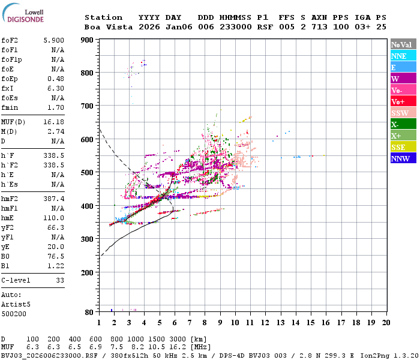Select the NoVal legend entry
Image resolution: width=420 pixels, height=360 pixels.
pyautogui.click(x=402, y=44)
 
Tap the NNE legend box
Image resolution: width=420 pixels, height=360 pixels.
pyautogui.click(x=402, y=56)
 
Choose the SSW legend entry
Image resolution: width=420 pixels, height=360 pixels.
pyautogui.click(x=402, y=113)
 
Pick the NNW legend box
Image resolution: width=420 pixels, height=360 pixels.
pyautogui.click(x=402, y=158)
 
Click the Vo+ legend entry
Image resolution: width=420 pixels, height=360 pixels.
pyautogui.click(x=402, y=101)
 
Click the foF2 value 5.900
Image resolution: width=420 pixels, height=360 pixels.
pyautogui.click(x=54, y=40)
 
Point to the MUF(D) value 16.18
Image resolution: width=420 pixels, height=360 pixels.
pyautogui.click(x=54, y=122)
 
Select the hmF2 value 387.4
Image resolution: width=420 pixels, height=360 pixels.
pyautogui.click(x=54, y=199)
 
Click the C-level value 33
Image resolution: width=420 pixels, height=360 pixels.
pyautogui.click(x=60, y=280)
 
